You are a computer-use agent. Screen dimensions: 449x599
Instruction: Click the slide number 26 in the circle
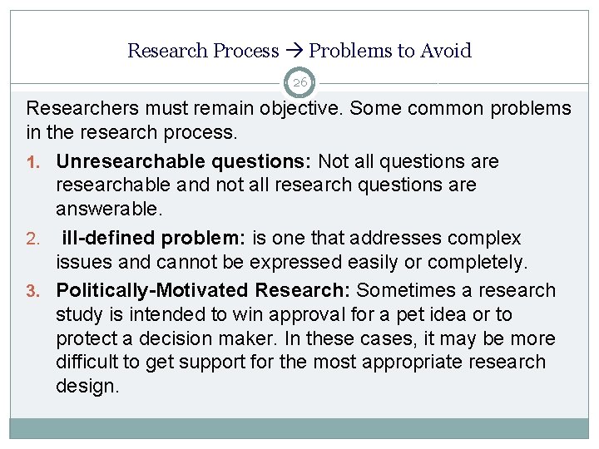[x=299, y=82]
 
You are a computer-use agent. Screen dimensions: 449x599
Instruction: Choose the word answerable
[x=106, y=209]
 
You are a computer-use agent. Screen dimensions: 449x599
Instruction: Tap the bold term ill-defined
[x=108, y=239]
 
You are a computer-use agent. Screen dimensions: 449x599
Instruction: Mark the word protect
[x=85, y=338]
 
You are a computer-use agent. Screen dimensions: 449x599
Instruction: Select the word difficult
[x=87, y=363]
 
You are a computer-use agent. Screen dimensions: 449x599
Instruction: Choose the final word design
[x=87, y=387]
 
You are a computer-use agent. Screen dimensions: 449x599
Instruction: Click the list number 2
[x=32, y=239]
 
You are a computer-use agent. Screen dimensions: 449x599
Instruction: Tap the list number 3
[x=32, y=291]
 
